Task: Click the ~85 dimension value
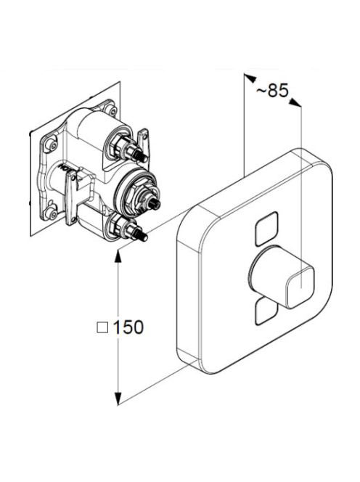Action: pos(272,90)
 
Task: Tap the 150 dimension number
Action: pos(128,327)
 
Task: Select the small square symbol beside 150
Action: pos(102,327)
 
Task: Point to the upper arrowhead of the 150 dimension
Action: pos(118,255)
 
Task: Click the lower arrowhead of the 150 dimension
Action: pos(118,399)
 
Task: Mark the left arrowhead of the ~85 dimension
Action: pos(250,78)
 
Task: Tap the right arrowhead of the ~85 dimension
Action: pos(295,102)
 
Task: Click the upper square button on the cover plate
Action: pos(266,229)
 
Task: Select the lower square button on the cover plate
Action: pos(266,311)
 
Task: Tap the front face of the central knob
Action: pos(300,287)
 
